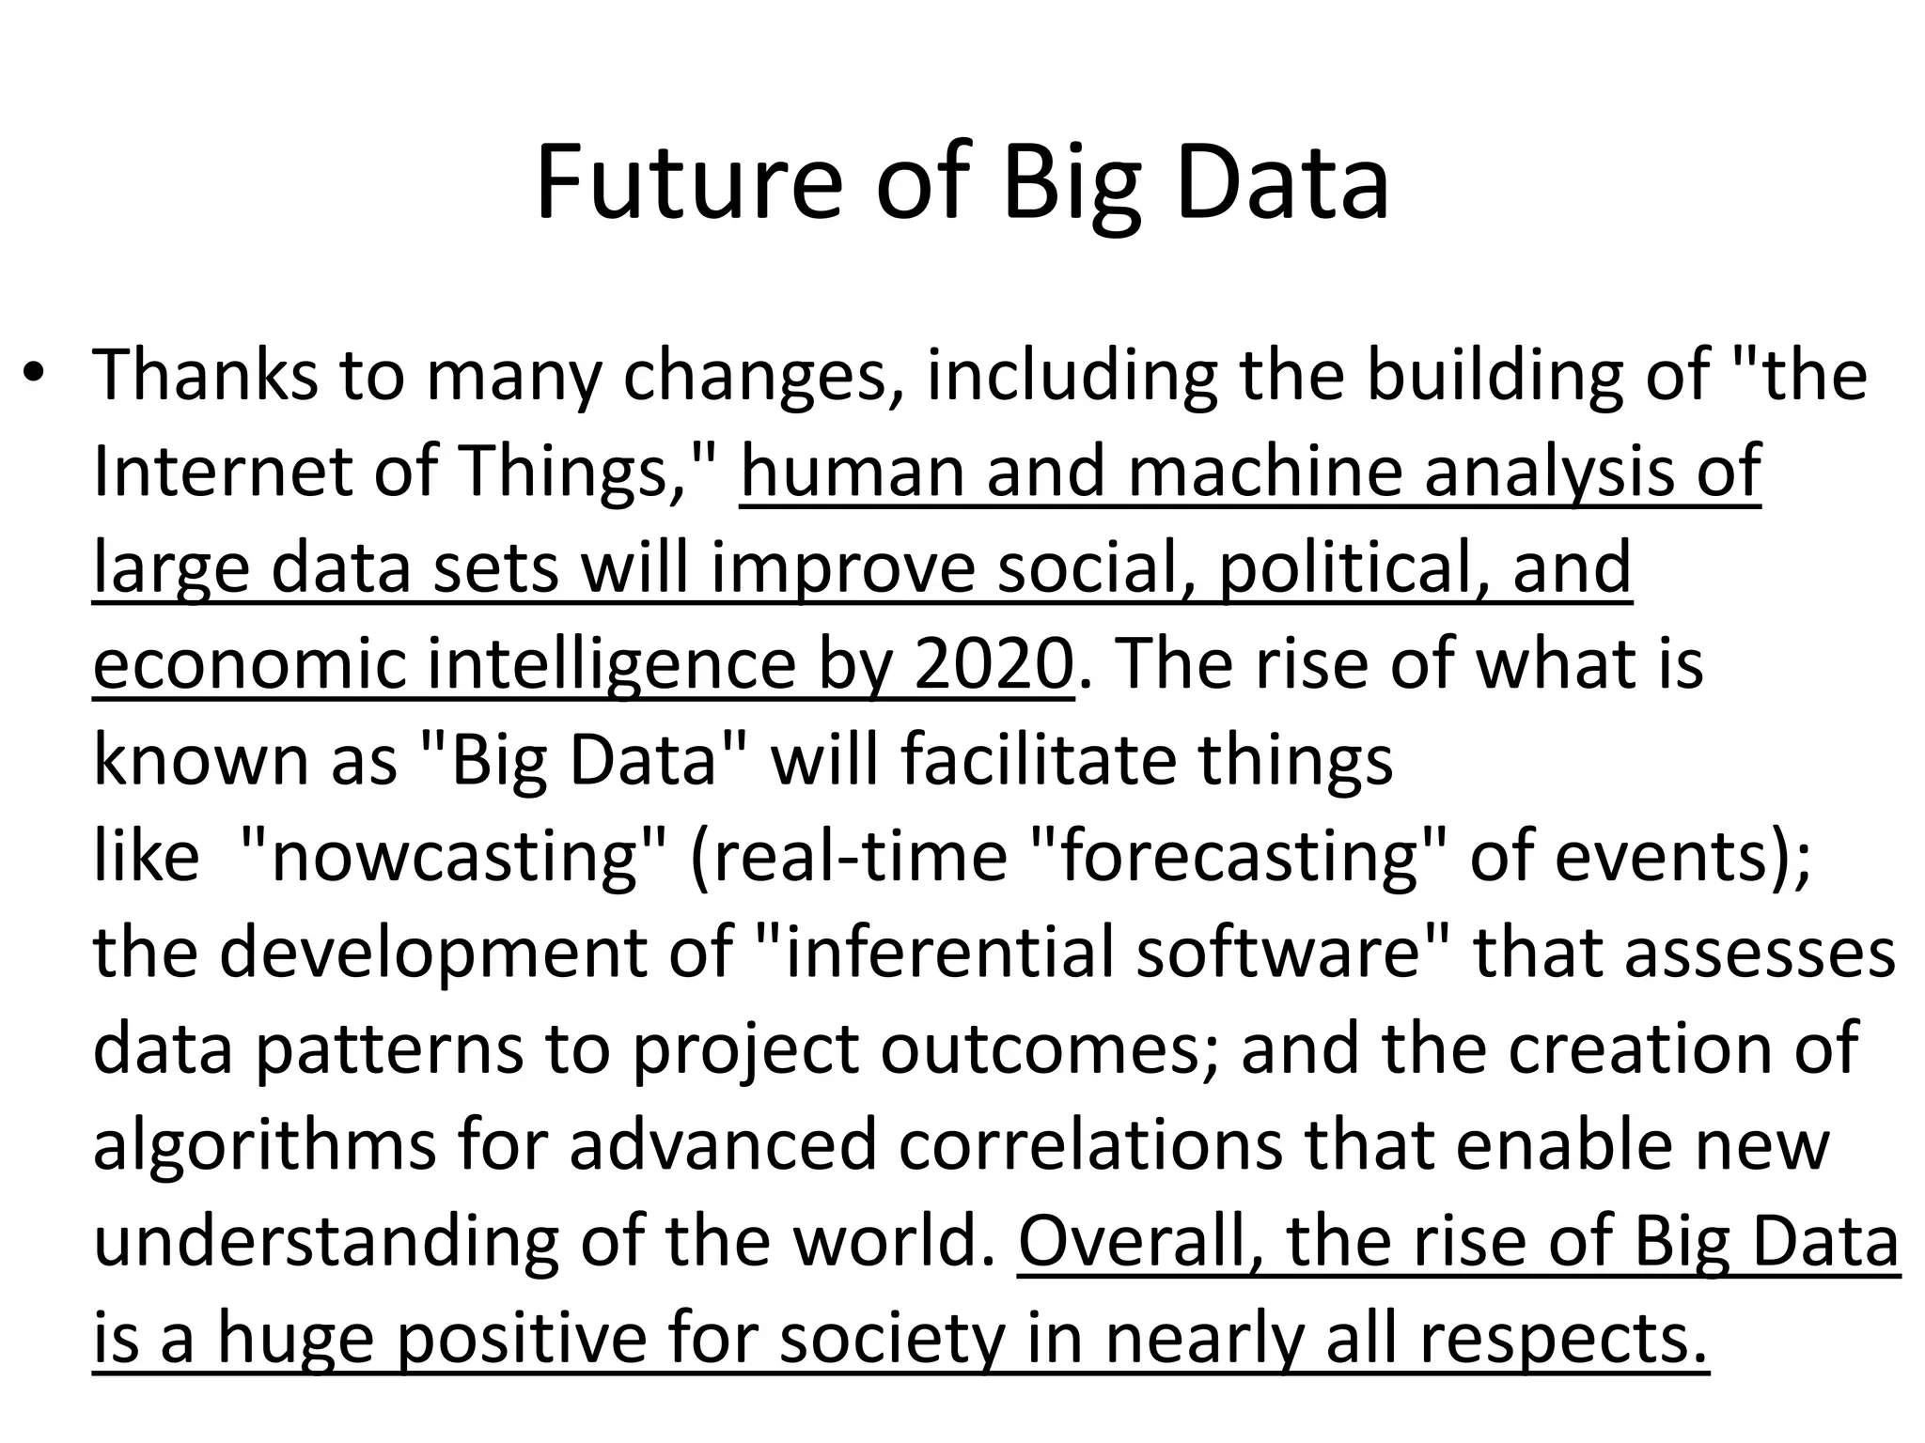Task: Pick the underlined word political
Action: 1354,567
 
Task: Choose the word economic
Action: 249,663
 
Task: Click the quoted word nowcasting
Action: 456,856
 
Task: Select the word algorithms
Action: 264,1145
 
